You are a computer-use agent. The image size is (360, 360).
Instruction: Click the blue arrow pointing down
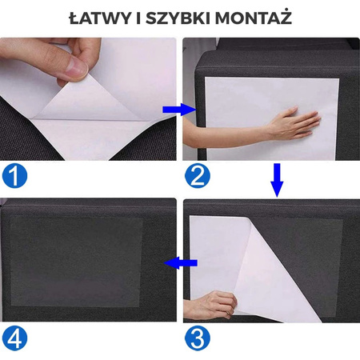[277, 180]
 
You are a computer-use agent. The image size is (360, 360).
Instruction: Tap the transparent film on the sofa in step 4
[76, 256]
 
